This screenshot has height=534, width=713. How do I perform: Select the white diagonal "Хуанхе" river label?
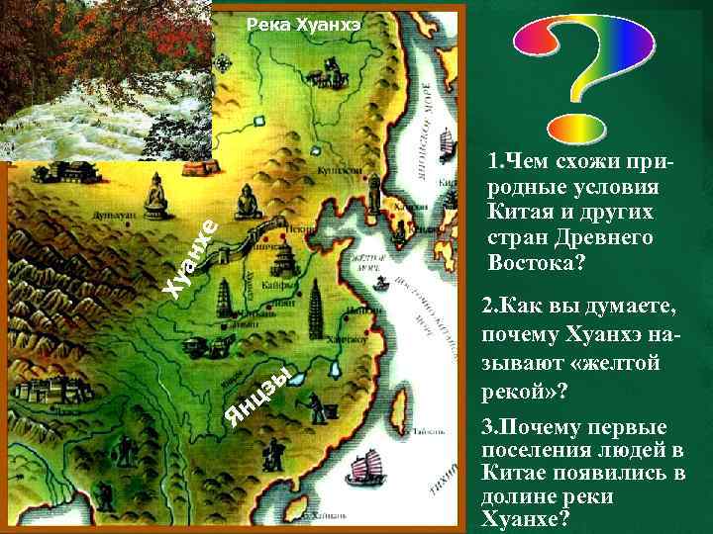(190, 258)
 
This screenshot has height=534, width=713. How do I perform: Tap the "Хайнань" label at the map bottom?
(337, 515)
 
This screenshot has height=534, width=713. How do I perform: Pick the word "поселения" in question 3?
(522, 450)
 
